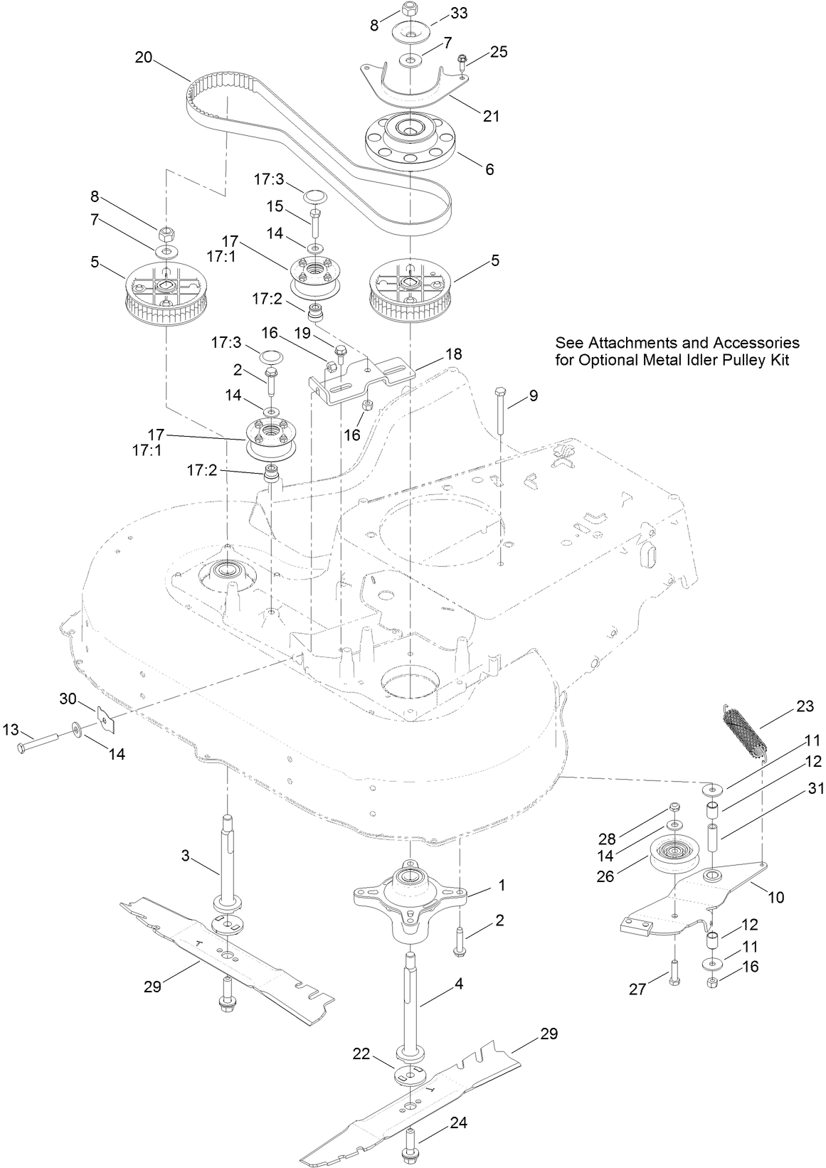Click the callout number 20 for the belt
tap(143, 58)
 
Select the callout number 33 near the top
tap(460, 14)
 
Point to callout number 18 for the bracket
tap(453, 354)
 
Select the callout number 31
tap(815, 789)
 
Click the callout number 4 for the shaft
tap(459, 984)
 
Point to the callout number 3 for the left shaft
tap(185, 856)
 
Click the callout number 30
tap(67, 699)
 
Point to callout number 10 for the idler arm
tap(776, 898)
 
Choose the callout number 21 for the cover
tap(492, 116)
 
